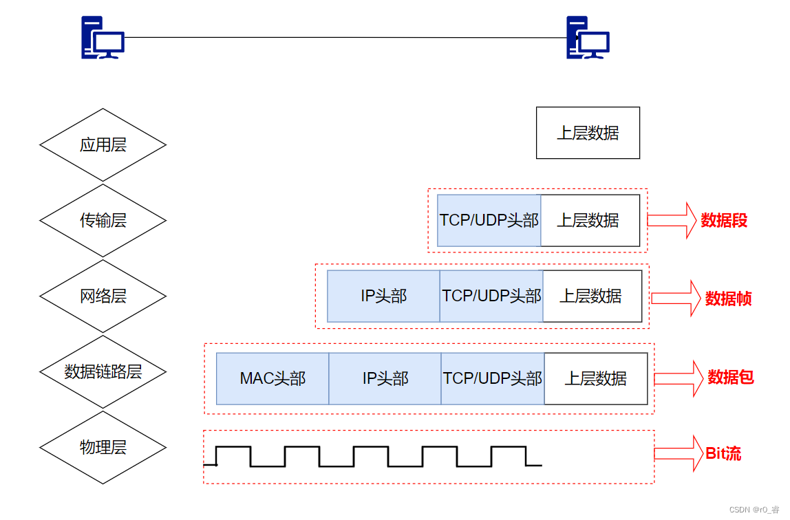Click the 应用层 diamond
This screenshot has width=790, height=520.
(103, 145)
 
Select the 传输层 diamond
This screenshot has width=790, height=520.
(103, 221)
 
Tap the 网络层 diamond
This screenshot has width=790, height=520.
(103, 296)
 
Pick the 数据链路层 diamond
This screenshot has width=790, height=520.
(103, 372)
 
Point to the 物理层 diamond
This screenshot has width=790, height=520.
(103, 448)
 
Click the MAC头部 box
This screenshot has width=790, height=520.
(273, 379)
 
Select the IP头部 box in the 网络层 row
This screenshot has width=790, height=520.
(383, 296)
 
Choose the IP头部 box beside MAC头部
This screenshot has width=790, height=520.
(385, 379)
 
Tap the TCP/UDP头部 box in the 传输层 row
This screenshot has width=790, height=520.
(489, 221)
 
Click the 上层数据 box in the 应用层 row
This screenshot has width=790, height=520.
(588, 133)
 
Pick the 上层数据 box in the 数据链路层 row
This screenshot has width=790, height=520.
(596, 379)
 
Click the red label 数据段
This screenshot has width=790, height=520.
(724, 221)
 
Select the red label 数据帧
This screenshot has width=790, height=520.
(728, 299)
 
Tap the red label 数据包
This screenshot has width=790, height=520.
(731, 377)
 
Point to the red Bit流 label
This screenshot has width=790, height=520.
(723, 453)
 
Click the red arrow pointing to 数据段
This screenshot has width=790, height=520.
(672, 220)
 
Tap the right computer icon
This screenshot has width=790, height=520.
(588, 38)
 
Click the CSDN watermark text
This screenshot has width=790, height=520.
(754, 510)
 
